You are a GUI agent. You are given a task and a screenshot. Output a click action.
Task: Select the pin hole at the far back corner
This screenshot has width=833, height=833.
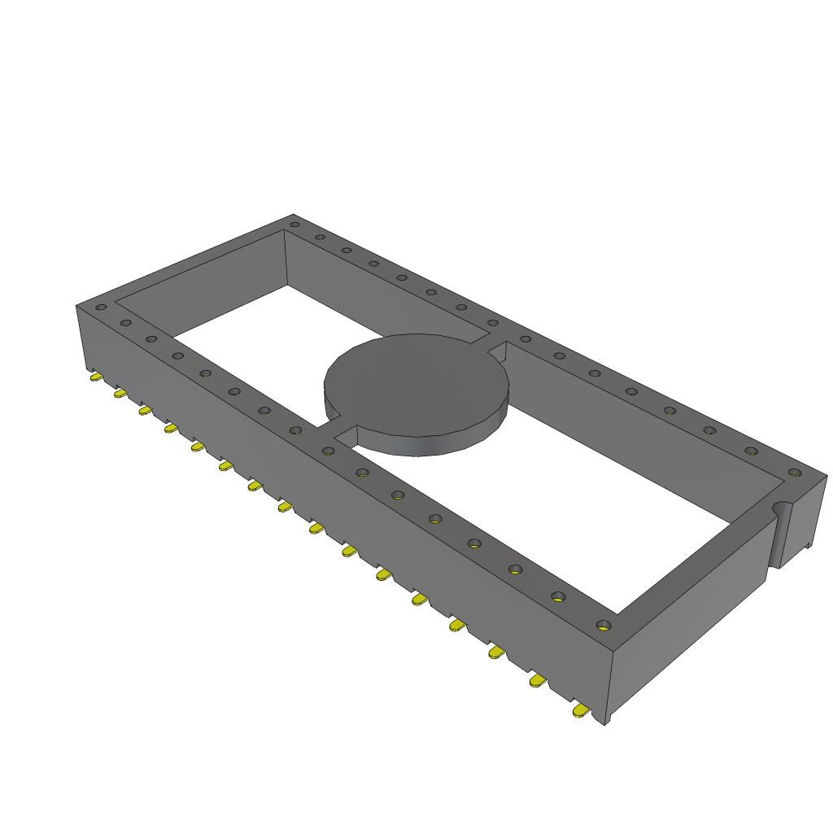pos(294,224)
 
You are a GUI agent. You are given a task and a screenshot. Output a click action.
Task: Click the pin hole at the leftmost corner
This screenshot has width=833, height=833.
pos(101,307)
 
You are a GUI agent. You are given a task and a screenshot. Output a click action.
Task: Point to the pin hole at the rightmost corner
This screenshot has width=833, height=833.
pos(795,473)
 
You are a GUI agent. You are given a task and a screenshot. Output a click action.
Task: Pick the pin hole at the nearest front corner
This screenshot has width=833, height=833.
pos(603,625)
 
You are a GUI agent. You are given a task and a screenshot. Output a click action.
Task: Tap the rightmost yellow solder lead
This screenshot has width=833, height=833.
pos(582,712)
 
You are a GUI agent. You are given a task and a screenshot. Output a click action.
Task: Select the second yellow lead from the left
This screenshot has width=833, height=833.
pos(120,394)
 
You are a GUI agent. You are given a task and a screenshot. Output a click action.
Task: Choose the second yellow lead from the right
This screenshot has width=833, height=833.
pos(537,681)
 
